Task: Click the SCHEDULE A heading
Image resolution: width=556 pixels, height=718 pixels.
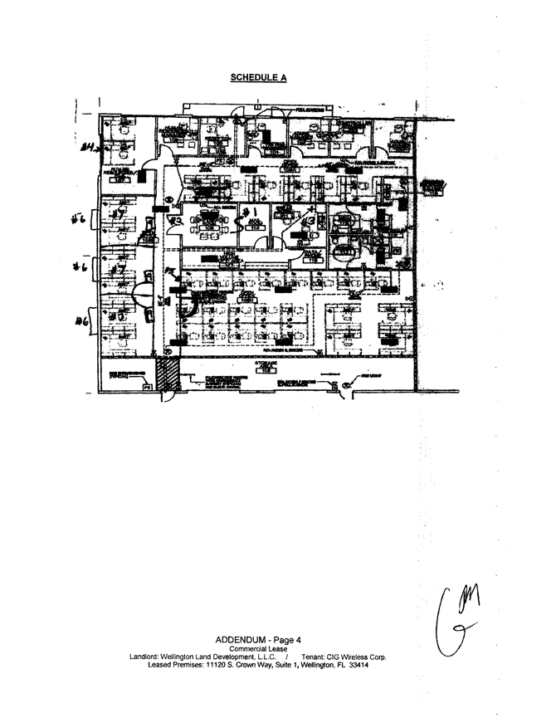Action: (x=257, y=77)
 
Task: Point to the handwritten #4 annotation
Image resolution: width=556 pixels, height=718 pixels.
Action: (x=86, y=148)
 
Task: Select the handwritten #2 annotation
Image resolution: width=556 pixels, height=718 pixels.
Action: (x=176, y=221)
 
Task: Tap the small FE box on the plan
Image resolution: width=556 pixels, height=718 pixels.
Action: (x=147, y=388)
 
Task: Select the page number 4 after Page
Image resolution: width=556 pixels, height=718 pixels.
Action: (x=298, y=640)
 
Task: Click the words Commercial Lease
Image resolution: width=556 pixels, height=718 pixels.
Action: (x=257, y=649)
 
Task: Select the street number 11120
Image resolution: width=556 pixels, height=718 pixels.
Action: (x=217, y=666)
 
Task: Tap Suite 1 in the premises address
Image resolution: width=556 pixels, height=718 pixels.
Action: (x=289, y=666)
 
